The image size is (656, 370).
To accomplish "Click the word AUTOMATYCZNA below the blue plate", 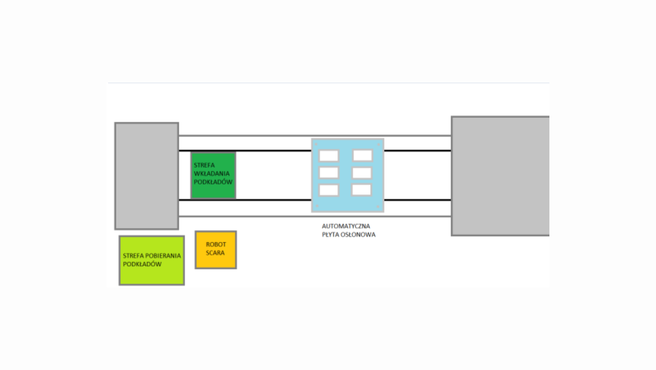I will point(346,226).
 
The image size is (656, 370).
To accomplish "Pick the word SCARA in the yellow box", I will point(215,253).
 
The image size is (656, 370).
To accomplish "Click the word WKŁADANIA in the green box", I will point(212,174).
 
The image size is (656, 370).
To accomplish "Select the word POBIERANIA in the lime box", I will point(163,256).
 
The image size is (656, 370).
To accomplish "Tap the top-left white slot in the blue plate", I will point(329,156).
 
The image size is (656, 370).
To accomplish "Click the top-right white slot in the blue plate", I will point(362,156).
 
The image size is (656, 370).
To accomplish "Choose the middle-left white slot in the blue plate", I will point(329,172).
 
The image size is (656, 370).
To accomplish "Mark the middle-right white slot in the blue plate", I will point(362,173).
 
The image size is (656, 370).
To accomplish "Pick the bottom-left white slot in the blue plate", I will point(329,190).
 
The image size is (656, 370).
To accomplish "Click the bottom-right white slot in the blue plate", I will point(361,190).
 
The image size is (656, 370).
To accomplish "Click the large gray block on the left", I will point(146,176).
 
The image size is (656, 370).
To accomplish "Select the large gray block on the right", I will point(500,176).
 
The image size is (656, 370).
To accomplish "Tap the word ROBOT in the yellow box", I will point(216,244).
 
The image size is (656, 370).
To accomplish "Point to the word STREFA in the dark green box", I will point(204,165).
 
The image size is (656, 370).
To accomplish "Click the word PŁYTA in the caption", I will point(330,235).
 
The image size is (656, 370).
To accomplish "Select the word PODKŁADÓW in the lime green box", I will point(142,264).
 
